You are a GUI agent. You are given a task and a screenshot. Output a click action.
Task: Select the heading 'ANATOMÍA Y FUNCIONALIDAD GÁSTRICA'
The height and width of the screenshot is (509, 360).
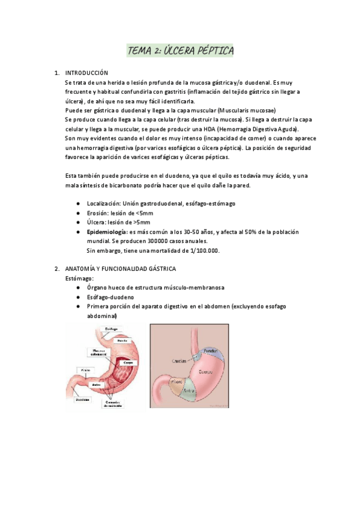pos(120,268)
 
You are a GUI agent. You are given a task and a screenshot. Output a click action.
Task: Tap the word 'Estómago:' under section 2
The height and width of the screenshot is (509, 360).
pos(79,279)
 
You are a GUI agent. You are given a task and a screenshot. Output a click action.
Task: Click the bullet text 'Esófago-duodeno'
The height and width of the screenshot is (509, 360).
pos(109,297)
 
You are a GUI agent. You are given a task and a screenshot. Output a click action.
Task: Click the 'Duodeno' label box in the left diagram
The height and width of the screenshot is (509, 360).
pos(83,399)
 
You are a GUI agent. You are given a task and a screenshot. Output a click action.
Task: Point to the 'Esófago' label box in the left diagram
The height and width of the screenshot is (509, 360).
pos(111,329)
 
